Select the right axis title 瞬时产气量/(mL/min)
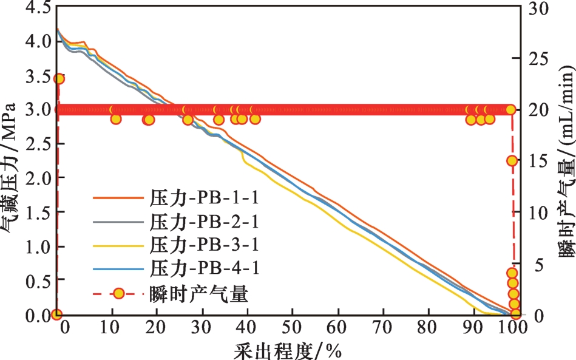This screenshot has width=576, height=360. pos(565,161)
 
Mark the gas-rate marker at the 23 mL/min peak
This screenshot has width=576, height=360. pos(59,79)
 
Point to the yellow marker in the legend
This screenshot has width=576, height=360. pos(119,294)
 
